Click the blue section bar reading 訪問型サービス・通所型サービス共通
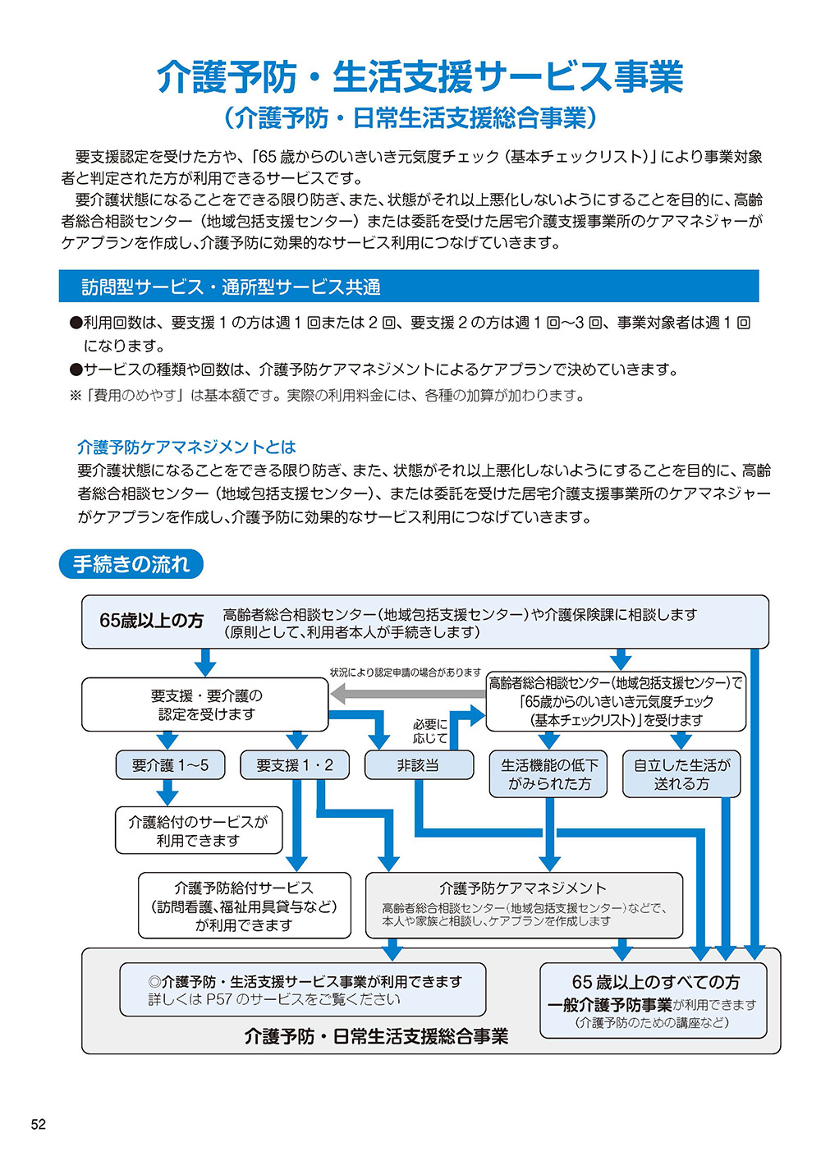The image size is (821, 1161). (408, 286)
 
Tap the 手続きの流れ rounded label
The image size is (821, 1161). (131, 564)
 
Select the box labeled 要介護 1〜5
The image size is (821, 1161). (170, 765)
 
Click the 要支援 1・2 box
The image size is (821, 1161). (295, 765)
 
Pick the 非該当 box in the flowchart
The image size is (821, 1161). (419, 765)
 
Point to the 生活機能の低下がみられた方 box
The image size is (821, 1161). (548, 773)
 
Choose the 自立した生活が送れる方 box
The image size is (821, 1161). (681, 773)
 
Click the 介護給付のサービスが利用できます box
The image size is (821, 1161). (199, 830)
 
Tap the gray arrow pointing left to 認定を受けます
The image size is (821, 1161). (408, 694)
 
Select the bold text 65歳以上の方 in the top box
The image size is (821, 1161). (151, 621)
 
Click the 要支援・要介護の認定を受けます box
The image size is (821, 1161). (205, 704)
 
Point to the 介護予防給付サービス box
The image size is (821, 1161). (244, 906)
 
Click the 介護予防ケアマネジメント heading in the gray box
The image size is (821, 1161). (523, 888)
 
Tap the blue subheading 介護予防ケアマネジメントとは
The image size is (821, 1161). (186, 447)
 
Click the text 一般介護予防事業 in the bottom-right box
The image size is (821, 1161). (610, 1006)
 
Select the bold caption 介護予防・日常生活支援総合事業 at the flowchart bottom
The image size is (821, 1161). (376, 1036)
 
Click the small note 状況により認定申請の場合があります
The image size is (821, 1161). (406, 672)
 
